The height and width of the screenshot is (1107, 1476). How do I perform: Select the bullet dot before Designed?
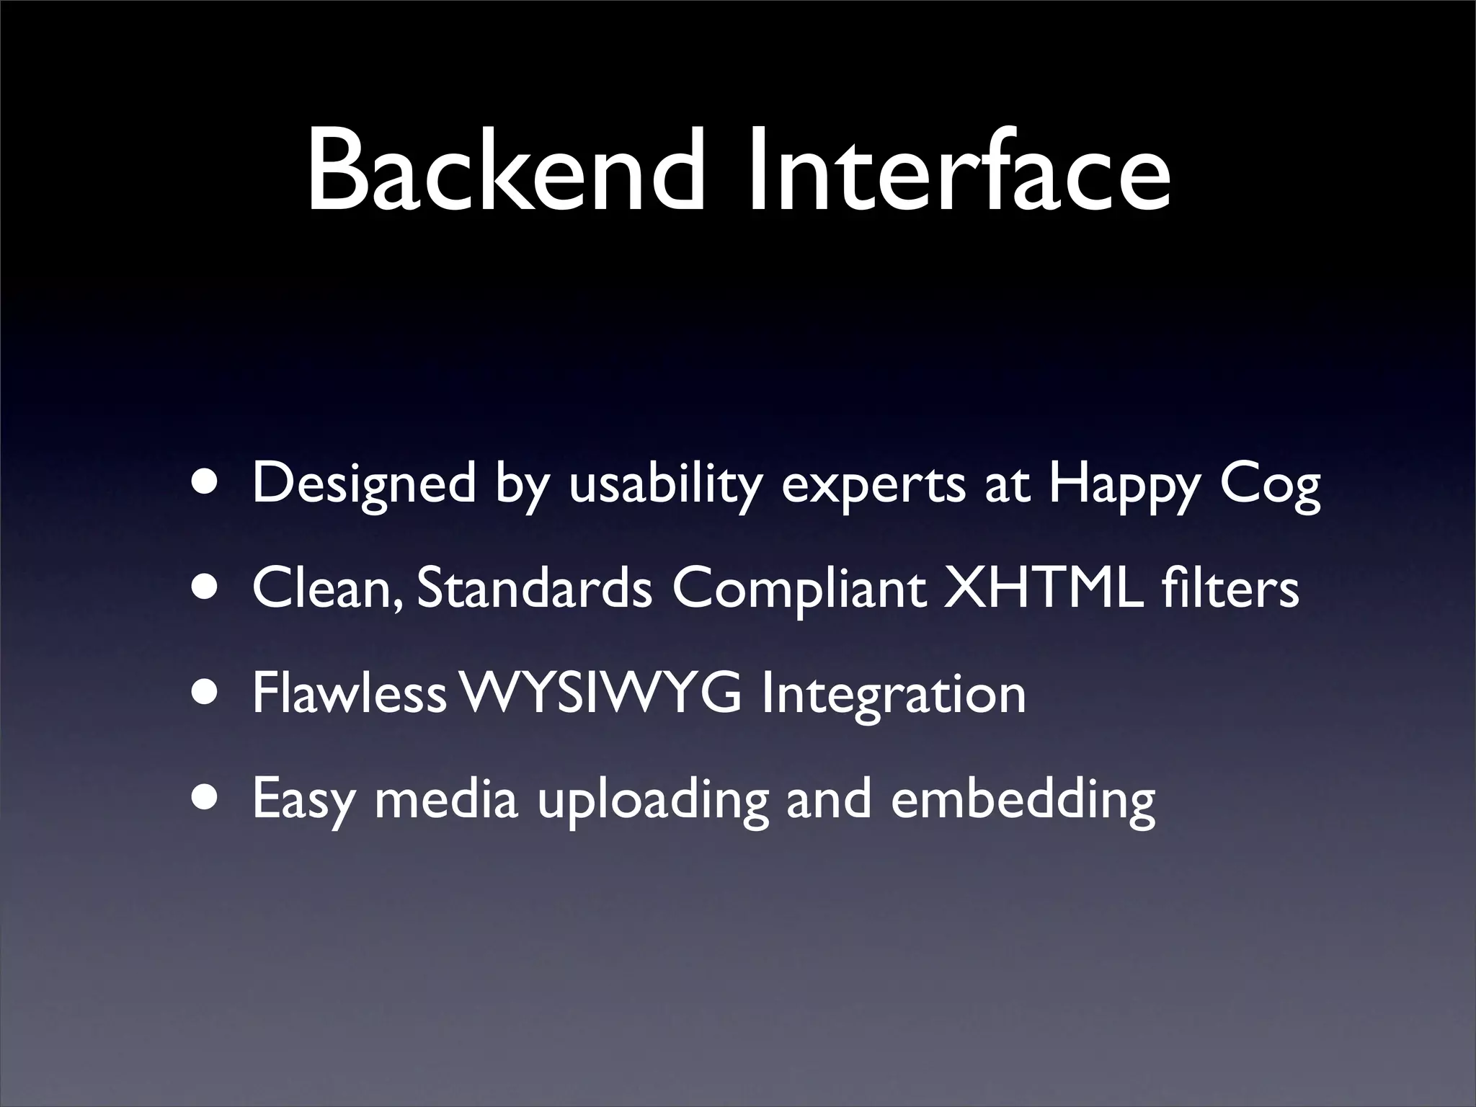(208, 484)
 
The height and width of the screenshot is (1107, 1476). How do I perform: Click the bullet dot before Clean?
(208, 588)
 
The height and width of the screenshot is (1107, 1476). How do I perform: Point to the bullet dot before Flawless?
(208, 693)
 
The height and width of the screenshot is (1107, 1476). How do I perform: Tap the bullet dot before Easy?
(208, 798)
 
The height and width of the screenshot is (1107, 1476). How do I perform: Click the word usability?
(665, 484)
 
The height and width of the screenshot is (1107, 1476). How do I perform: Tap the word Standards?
(534, 588)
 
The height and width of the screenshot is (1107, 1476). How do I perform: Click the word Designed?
(364, 484)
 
